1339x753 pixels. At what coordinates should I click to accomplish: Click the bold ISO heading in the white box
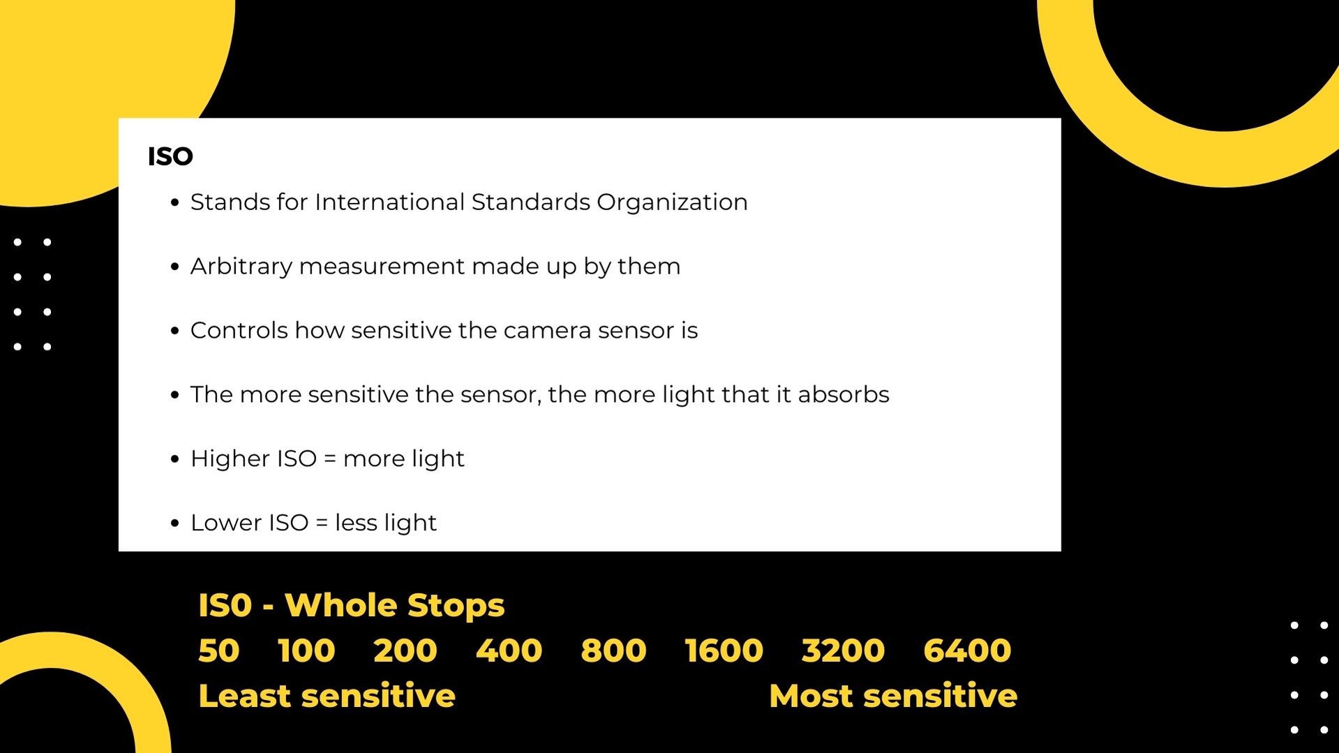coord(170,156)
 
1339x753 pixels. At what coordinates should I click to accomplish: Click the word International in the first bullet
coord(389,202)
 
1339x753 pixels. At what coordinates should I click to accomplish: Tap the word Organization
coord(672,202)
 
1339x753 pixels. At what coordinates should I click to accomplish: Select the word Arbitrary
coord(241,267)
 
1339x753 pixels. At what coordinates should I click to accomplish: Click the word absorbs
coord(844,394)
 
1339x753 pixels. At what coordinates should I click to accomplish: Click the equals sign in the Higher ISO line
coord(330,459)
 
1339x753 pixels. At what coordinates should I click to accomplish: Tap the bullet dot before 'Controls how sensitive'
coord(174,331)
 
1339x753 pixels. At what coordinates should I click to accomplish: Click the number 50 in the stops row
coord(218,650)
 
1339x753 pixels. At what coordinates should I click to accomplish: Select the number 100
coord(306,650)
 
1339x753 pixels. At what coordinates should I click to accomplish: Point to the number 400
coord(509,650)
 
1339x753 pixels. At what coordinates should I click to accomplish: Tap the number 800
coord(613,650)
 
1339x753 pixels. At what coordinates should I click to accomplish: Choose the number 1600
coord(724,650)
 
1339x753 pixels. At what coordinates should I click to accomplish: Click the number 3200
coord(843,650)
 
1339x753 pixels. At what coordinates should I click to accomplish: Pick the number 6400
coord(967,650)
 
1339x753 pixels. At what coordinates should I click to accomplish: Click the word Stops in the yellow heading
coord(456,606)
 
